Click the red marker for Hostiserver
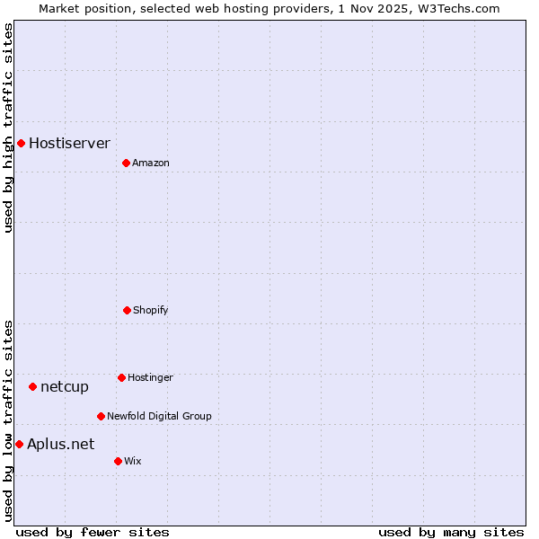21,143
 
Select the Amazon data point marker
126,163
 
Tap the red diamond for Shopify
127,310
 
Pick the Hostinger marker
121,377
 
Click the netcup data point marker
32,386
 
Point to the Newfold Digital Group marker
101,416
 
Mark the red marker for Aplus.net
19,444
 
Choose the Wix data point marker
118,461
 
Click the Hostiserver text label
69,143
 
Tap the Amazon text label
151,163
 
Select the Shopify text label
150,310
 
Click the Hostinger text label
150,377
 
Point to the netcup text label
65,386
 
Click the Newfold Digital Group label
159,416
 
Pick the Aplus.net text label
60,444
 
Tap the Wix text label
133,461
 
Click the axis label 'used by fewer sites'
93,532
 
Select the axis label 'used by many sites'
451,532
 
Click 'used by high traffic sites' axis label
9,128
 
